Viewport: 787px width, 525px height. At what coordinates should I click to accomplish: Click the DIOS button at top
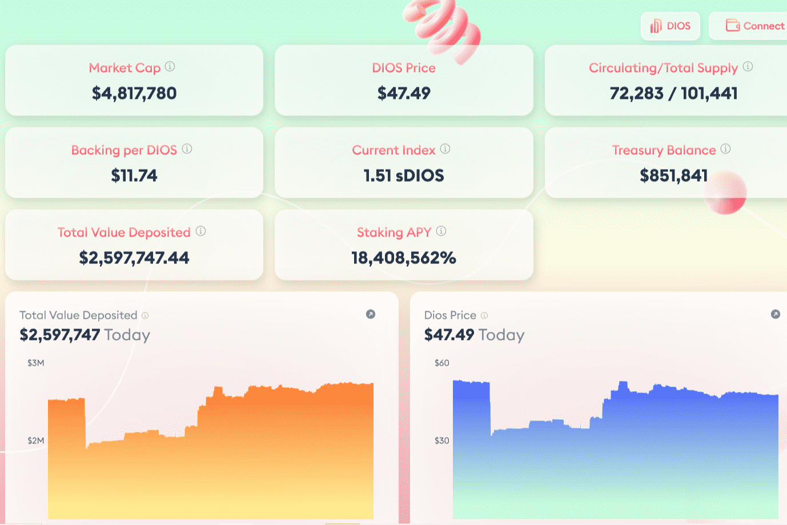coord(670,26)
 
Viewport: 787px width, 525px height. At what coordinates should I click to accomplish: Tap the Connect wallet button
coord(754,26)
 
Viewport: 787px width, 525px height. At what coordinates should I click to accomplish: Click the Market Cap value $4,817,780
coord(134,93)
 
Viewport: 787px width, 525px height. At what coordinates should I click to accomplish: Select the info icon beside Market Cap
coord(170,67)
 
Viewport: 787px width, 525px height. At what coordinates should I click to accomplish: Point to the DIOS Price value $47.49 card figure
coord(404,93)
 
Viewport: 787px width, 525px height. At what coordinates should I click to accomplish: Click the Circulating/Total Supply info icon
coord(748,67)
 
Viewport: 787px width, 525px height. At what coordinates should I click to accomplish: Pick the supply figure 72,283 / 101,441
coord(673,93)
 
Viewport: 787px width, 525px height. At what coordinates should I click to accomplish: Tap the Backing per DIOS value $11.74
coord(134,175)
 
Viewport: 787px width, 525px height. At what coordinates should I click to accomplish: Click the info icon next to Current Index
coord(445,149)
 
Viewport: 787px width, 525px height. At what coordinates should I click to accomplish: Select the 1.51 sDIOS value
coord(404,175)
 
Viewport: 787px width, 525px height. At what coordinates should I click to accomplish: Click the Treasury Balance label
coord(664,150)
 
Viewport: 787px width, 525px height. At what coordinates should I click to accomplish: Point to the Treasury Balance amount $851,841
coord(673,175)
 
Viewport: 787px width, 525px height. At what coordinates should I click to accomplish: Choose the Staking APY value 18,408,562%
coord(404,258)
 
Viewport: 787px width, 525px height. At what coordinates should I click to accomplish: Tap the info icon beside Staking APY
coord(441,231)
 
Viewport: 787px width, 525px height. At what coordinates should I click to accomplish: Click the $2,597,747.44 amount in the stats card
coord(134,258)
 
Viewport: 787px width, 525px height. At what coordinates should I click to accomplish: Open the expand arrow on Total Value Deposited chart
coord(371,314)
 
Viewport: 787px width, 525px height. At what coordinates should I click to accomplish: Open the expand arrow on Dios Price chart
coord(775,314)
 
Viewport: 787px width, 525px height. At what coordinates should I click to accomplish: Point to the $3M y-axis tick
coord(35,363)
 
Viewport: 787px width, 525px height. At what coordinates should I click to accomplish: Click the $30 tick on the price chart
coord(441,440)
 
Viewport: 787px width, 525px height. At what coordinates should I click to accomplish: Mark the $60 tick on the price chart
coord(441,363)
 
